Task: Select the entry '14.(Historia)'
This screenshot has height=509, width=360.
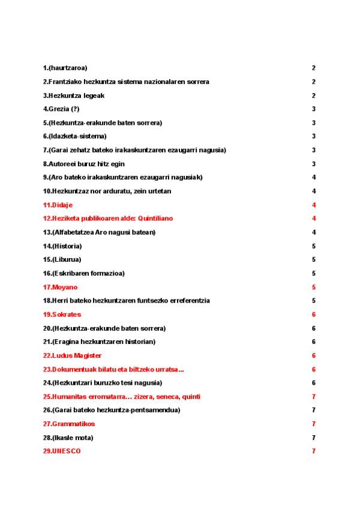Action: (62, 246)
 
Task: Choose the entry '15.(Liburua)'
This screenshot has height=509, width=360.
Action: (62, 259)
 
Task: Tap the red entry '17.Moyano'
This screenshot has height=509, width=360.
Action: (60, 287)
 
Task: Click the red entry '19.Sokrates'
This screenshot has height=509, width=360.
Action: (62, 315)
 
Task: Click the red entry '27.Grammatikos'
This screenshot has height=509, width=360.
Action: (68, 424)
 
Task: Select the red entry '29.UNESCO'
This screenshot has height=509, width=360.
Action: (61, 451)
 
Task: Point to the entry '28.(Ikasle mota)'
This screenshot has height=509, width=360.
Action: (68, 438)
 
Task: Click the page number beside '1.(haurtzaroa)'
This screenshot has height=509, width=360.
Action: (314, 68)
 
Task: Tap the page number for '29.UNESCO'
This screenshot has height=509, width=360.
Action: (314, 451)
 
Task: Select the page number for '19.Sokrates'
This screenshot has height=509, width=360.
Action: (314, 315)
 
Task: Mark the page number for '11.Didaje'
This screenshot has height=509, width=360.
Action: (314, 205)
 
